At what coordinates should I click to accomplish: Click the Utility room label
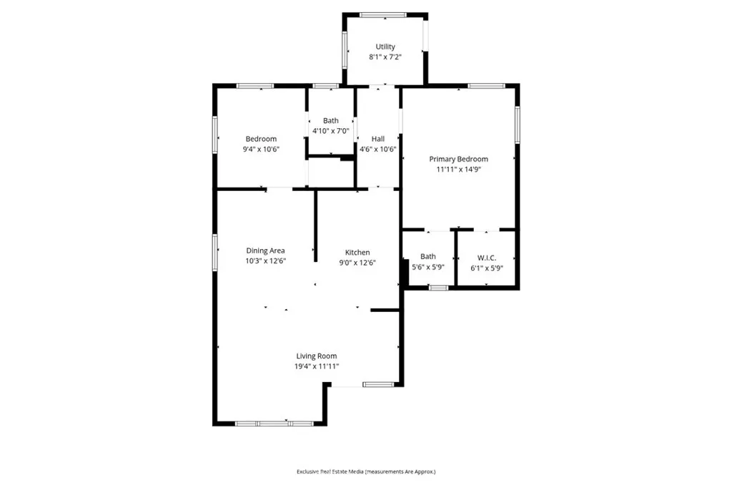pyautogui.click(x=385, y=47)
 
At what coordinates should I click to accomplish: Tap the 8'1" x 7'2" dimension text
pyautogui.click(x=385, y=57)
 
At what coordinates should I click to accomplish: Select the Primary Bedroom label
pyautogui.click(x=458, y=159)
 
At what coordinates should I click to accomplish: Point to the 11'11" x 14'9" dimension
pyautogui.click(x=458, y=170)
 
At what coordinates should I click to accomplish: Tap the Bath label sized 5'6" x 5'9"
pyautogui.click(x=427, y=256)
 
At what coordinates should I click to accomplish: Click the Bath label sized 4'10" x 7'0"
pyautogui.click(x=330, y=121)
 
